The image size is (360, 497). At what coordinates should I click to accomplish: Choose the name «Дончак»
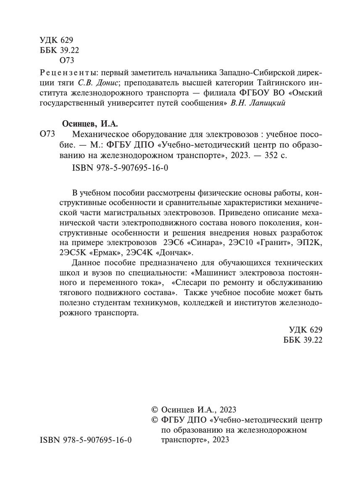click(x=177, y=253)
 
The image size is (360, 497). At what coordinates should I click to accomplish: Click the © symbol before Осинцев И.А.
click(x=155, y=410)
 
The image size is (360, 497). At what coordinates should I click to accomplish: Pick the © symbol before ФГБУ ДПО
click(x=155, y=420)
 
